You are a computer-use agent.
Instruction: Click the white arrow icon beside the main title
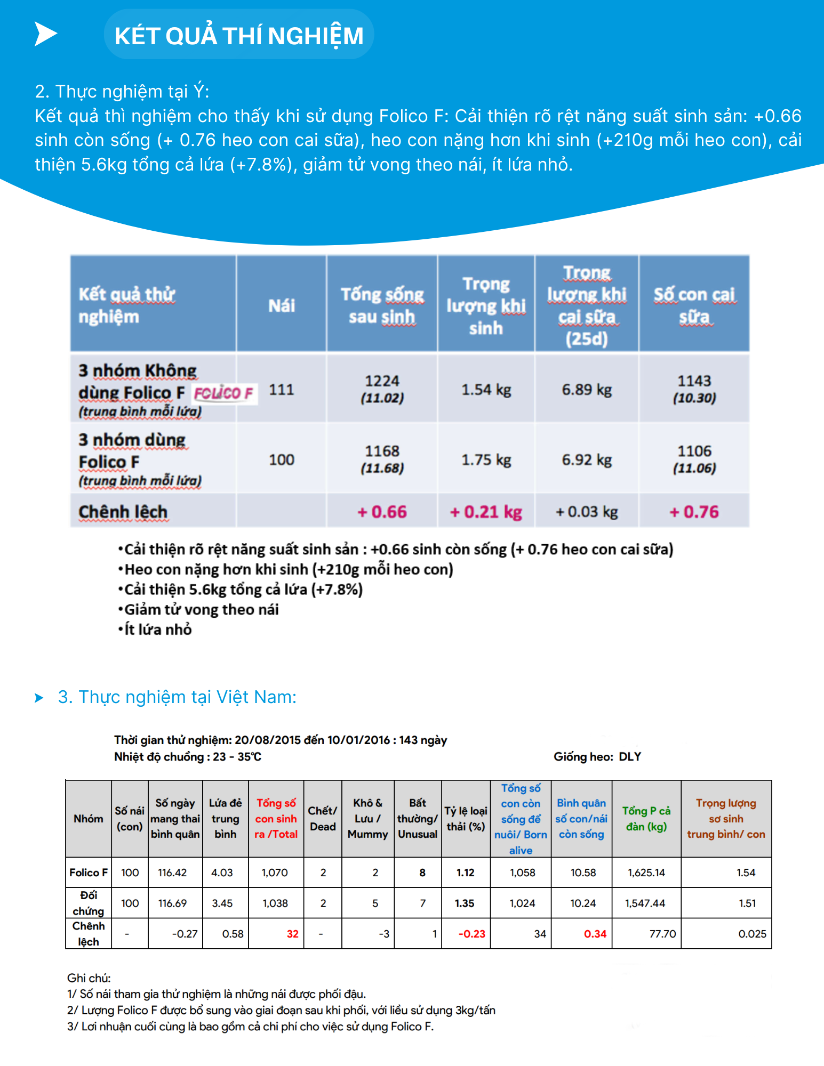(x=45, y=34)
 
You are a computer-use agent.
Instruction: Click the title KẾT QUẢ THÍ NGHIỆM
(x=238, y=36)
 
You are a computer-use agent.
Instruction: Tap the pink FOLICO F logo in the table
(x=223, y=393)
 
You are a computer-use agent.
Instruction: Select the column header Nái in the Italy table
(x=281, y=305)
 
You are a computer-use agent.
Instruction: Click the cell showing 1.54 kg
(x=486, y=390)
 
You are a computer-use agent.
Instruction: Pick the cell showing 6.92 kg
(x=586, y=459)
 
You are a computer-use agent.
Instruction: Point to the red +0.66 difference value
(x=382, y=512)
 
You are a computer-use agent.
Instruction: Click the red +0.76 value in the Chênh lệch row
(x=694, y=512)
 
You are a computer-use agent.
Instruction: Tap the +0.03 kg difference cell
(x=586, y=512)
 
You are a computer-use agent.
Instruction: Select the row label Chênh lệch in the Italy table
(x=123, y=512)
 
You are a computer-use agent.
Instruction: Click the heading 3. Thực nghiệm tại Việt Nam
(x=177, y=697)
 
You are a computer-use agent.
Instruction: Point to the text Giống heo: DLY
(x=597, y=756)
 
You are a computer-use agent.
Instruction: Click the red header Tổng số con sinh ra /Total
(x=276, y=818)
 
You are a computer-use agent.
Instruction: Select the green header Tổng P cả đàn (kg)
(x=646, y=818)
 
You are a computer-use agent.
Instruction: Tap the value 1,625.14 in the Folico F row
(x=646, y=873)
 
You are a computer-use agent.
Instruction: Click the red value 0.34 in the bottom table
(x=595, y=934)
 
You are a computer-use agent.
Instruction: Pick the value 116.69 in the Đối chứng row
(x=172, y=903)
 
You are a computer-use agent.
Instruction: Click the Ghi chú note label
(x=89, y=978)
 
